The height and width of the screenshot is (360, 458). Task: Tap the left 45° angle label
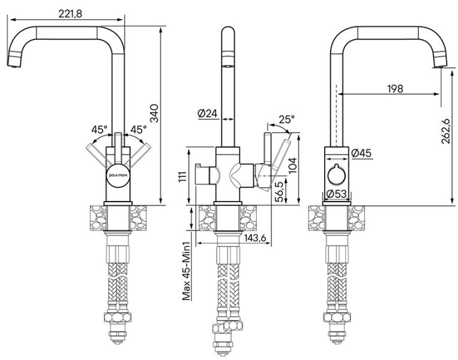100,129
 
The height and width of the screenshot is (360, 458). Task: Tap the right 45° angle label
139,129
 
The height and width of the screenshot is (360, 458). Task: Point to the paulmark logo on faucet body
119,173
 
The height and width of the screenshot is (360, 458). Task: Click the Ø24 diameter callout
206,113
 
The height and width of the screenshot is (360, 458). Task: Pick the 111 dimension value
182,175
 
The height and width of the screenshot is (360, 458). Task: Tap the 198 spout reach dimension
394,88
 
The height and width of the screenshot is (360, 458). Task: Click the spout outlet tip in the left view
14,64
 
